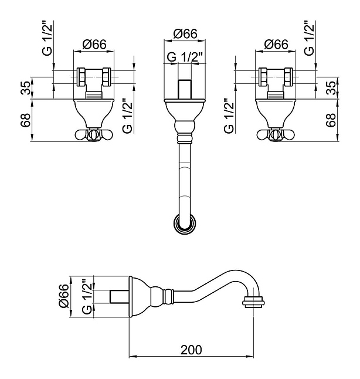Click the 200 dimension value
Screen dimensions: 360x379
(x=191, y=350)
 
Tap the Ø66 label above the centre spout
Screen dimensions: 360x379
(x=185, y=33)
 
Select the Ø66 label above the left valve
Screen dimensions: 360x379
(x=94, y=45)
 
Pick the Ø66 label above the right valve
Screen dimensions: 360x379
(x=276, y=45)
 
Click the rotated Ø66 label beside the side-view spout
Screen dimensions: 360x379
(x=64, y=296)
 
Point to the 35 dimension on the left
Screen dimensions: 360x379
(x=26, y=88)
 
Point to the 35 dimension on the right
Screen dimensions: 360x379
(x=331, y=88)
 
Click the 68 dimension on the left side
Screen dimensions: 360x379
(x=26, y=120)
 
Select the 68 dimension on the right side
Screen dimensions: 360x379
(x=331, y=120)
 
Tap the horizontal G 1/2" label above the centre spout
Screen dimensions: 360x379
(x=185, y=57)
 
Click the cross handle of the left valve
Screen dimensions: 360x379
(x=94, y=135)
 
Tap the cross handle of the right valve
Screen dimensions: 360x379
(x=276, y=135)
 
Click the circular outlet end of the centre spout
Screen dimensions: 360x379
(x=185, y=224)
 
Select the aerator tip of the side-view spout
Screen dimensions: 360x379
(x=253, y=302)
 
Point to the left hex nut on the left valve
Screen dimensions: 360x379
(x=81, y=77)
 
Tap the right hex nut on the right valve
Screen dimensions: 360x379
(x=288, y=77)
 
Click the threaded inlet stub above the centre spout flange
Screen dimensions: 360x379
(x=185, y=89)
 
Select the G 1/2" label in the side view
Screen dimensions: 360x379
(x=87, y=297)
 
